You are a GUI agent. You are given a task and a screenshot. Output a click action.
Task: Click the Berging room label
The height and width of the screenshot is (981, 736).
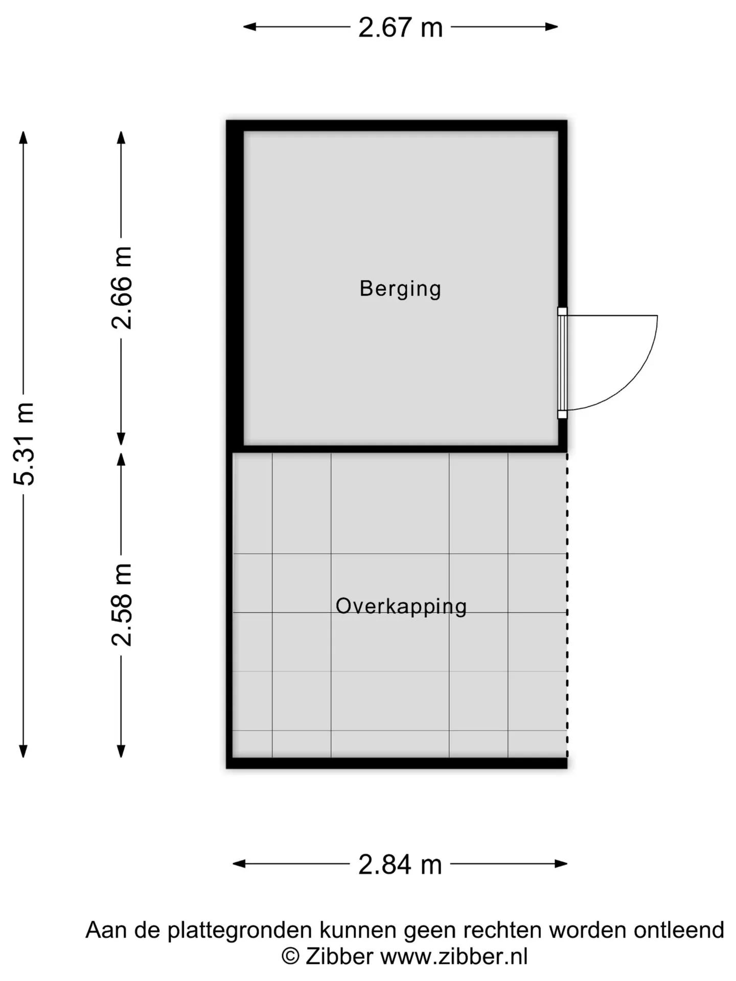tap(400, 289)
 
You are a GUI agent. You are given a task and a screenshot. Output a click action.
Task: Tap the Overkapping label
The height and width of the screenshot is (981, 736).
tap(401, 606)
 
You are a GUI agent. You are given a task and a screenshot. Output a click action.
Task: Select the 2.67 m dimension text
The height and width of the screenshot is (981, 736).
tap(400, 28)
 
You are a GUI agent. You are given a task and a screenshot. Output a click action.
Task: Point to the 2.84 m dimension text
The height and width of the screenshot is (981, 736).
tap(400, 865)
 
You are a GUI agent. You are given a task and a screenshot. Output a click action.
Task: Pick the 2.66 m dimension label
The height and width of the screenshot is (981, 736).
tap(122, 288)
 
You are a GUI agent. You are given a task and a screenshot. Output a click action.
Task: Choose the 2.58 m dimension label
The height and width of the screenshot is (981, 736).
tap(122, 605)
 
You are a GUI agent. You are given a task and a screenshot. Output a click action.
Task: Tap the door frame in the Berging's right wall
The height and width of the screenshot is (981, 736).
tap(562, 363)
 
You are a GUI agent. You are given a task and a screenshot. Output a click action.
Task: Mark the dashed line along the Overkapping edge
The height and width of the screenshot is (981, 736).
tap(567, 605)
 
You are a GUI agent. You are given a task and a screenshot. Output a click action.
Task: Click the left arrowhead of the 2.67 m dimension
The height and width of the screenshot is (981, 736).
tap(249, 27)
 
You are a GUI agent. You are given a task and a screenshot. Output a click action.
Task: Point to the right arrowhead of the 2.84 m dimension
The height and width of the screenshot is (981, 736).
tap(561, 864)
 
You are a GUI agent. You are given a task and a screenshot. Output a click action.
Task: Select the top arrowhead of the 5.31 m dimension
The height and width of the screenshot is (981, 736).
tap(23, 137)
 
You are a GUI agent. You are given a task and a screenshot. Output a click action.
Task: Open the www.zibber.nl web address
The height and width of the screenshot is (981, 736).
tap(454, 956)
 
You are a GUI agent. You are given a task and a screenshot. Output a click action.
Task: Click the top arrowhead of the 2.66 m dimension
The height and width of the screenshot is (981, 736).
tap(121, 137)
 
